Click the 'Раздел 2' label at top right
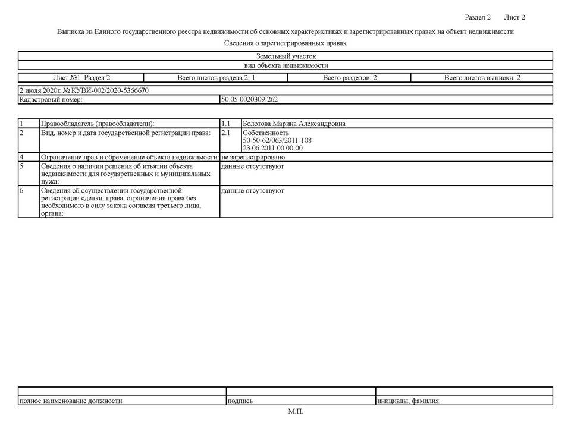coord(478,17)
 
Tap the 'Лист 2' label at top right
coord(514,17)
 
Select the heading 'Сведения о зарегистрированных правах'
coord(285,43)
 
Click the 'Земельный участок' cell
coord(285,56)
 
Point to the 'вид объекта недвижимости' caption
coord(285,65)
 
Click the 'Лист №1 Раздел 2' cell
coord(81,78)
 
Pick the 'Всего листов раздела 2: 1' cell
coord(216,78)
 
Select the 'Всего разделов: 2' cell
coord(350,78)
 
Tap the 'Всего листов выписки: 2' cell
coord(482,78)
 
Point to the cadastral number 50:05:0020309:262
coord(249,100)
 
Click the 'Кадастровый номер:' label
coord(50,100)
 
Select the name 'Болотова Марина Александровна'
coord(294,124)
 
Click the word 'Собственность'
coord(266,133)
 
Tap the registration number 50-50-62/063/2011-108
coord(277,140)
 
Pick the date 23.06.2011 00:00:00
coord(273,148)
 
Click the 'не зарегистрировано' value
coord(253,157)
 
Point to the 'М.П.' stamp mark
coord(296,411)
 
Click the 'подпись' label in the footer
coord(240,401)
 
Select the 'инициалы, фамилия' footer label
coord(408,401)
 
